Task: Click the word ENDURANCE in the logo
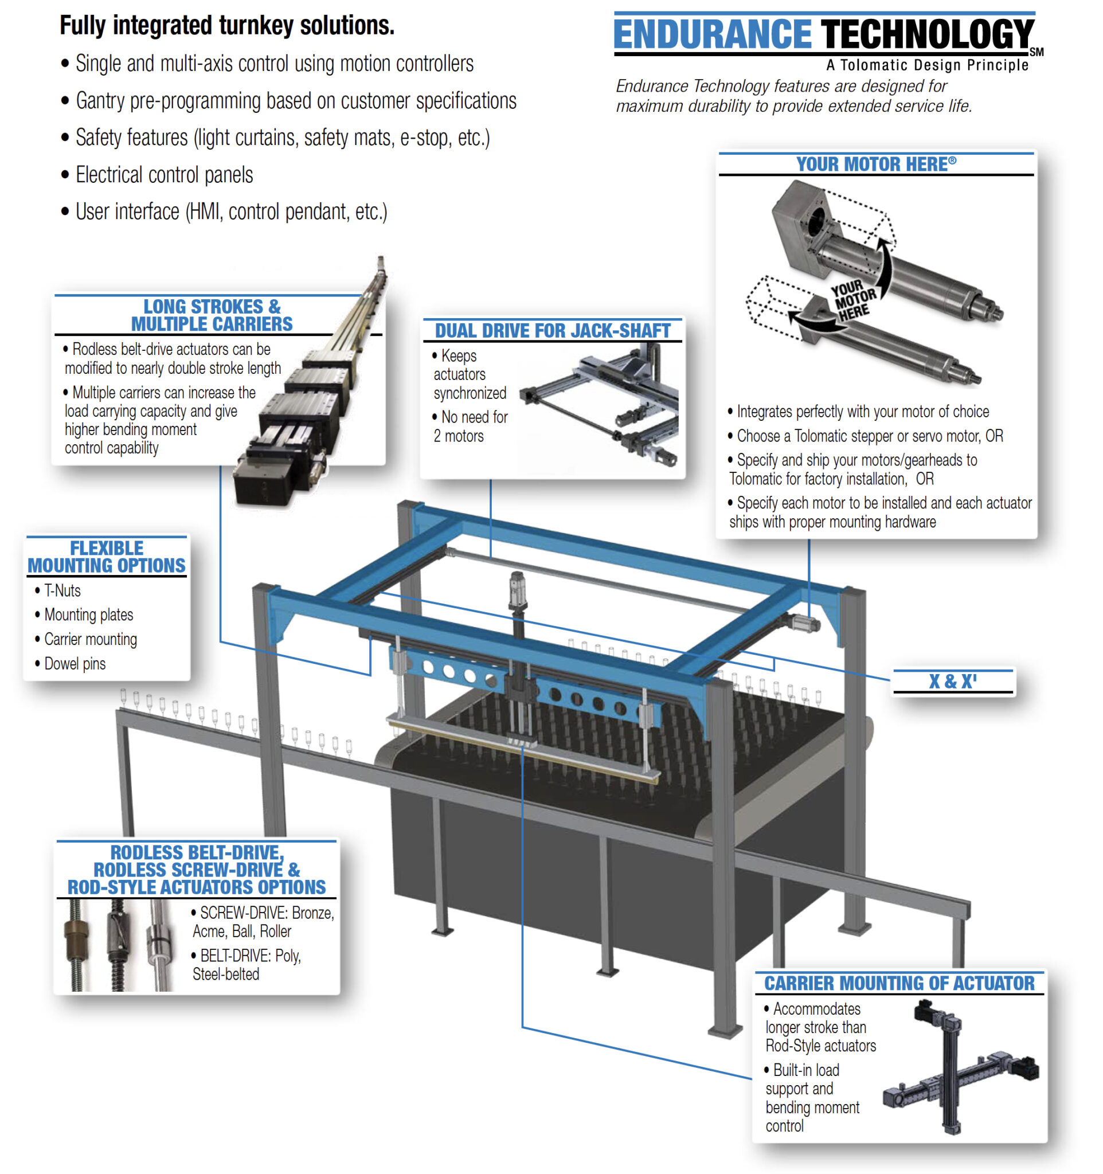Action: point(711,34)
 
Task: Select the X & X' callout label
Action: point(952,681)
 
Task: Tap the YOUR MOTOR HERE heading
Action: point(875,164)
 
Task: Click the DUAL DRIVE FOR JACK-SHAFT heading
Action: point(552,331)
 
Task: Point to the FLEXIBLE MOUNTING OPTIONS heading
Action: point(106,556)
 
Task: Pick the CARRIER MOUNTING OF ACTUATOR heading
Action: point(899,983)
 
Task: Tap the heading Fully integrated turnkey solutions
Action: point(227,25)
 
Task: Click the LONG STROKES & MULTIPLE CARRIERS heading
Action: point(212,315)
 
